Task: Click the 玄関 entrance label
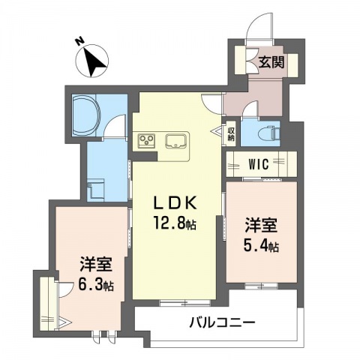point(271,62)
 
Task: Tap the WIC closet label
point(259,164)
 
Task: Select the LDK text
point(175,204)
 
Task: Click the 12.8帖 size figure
point(175,223)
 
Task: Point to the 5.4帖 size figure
point(261,246)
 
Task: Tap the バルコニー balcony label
point(222,322)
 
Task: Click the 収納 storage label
point(230,134)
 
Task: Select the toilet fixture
point(271,133)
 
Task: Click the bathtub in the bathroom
point(86,115)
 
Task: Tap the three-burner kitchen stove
point(147,140)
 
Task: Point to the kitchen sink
point(175,140)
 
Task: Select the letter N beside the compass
point(80,41)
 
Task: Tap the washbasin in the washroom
point(95,190)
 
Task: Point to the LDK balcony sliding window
point(185,303)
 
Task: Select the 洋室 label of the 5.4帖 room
point(261,226)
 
